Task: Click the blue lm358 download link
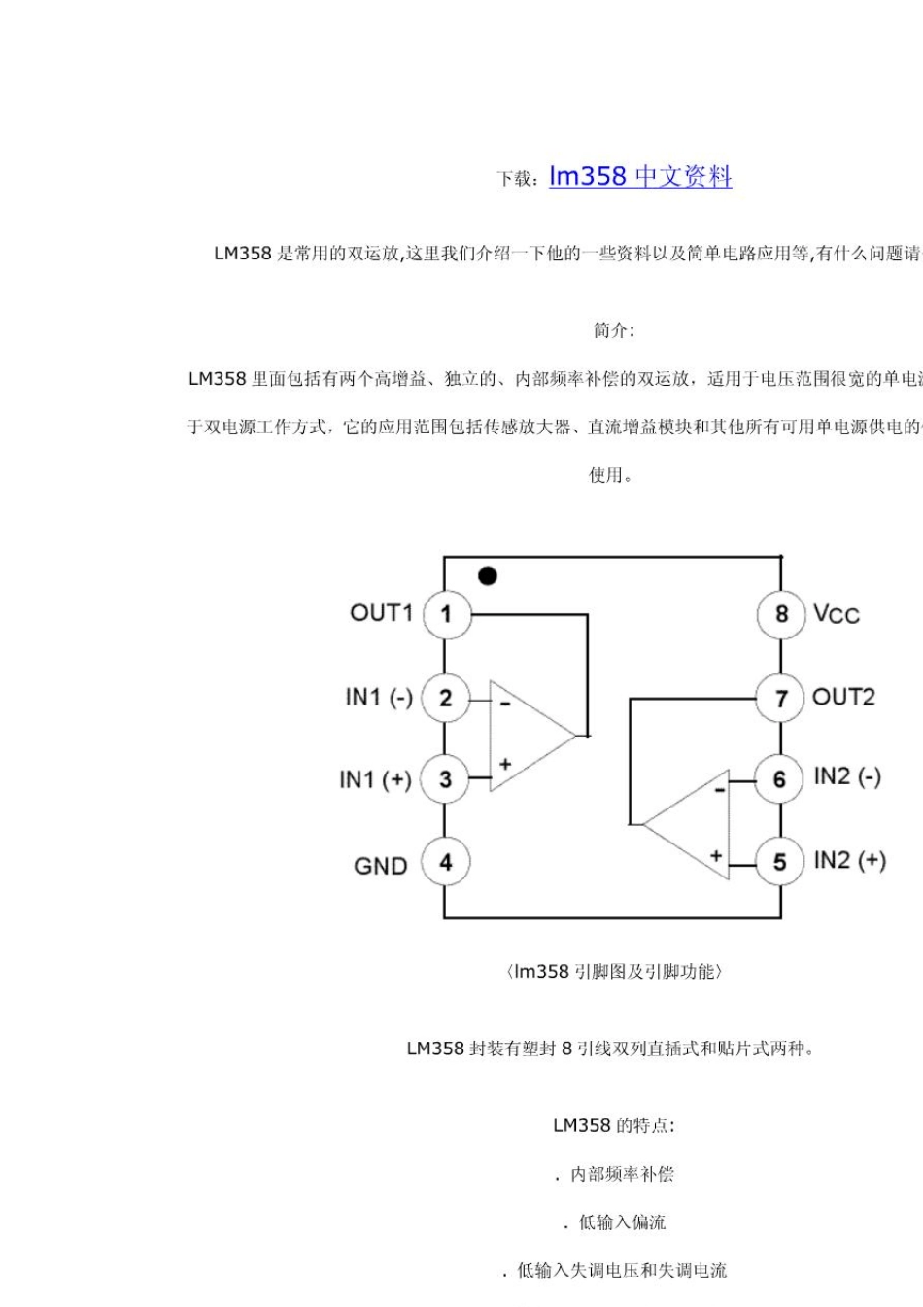[640, 177]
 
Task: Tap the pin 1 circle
[446, 614]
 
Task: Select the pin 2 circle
[446, 698]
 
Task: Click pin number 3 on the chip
[446, 779]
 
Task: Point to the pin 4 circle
[446, 863]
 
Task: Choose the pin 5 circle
[779, 863]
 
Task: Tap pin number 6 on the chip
[779, 779]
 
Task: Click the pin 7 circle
[780, 698]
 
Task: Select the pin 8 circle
[780, 614]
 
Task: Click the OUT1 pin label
[381, 613]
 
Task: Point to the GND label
[380, 866]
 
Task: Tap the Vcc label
[837, 614]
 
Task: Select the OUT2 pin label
[843, 697]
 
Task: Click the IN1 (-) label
[379, 698]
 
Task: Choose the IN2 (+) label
[849, 861]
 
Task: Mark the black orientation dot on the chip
[488, 576]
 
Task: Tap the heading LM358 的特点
[614, 1125]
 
